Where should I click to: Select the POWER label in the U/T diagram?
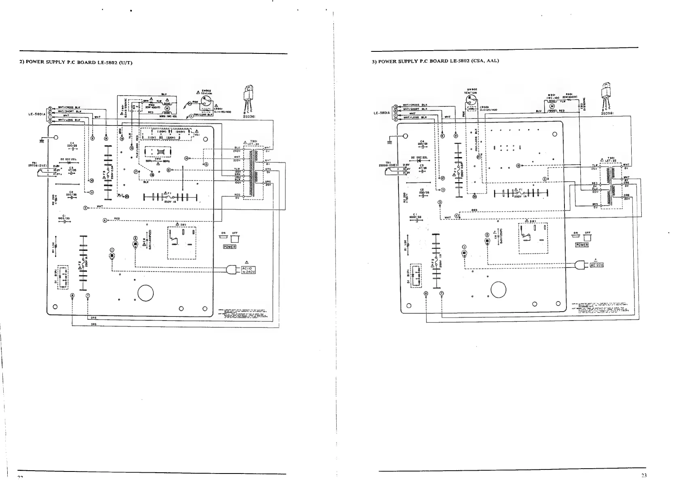click(229, 246)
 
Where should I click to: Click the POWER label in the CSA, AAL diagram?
click(581, 245)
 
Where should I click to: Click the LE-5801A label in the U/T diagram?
click(37, 114)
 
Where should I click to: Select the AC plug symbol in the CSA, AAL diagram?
click(581, 265)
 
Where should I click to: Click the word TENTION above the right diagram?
click(471, 93)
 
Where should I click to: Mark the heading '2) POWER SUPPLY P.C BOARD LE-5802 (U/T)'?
click(76, 62)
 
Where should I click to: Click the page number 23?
click(644, 475)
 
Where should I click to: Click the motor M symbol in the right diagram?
click(552, 106)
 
